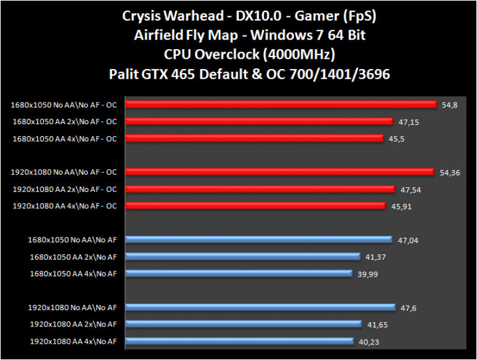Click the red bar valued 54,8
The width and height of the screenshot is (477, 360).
point(281,104)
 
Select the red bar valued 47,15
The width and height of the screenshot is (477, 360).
point(259,121)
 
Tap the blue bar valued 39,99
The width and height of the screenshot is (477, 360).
point(238,274)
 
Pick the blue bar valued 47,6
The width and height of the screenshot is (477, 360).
point(260,307)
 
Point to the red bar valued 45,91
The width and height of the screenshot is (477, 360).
point(256,206)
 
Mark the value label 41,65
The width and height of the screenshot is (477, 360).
point(377,325)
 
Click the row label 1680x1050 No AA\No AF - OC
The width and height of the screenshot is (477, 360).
point(64,105)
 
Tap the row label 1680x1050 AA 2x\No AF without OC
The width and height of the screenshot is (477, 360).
point(73,257)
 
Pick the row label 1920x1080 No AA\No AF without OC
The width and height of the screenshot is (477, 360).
point(73,308)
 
